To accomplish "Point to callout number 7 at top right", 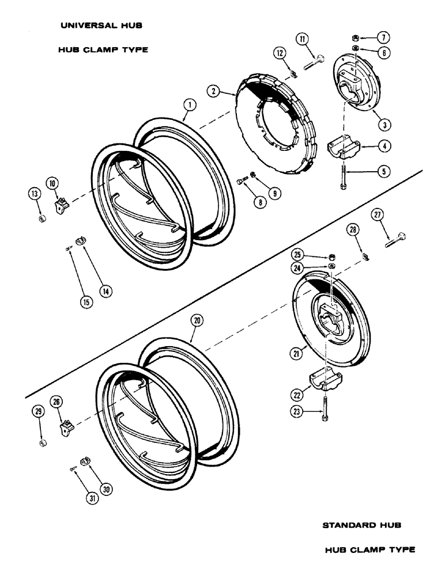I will pyautogui.click(x=382, y=37).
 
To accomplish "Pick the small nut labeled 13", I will pyautogui.click(x=42, y=219).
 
